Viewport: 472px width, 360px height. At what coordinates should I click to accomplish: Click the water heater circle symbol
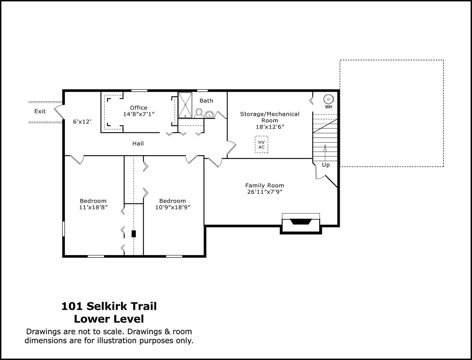[x=328, y=99]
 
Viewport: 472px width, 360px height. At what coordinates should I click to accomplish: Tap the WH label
[x=329, y=107]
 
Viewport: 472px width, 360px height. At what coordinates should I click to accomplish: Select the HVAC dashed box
[x=261, y=144]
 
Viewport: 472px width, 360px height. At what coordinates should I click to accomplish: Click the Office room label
[x=139, y=108]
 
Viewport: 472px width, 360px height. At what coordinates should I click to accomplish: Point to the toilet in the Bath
[x=199, y=113]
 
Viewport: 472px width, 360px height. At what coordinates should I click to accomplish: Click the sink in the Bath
[x=209, y=115]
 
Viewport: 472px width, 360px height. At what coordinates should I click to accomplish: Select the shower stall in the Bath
[x=185, y=105]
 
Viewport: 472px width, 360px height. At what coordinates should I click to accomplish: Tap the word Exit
[x=40, y=111]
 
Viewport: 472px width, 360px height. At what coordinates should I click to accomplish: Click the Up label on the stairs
[x=326, y=165]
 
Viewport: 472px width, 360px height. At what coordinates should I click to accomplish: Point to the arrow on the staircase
[x=325, y=153]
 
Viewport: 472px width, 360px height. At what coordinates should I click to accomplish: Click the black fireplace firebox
[x=301, y=222]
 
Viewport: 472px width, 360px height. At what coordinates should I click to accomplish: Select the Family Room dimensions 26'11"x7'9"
[x=264, y=192]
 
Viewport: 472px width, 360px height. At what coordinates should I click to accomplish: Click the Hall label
[x=138, y=144]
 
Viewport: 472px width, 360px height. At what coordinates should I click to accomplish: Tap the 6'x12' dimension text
[x=82, y=122]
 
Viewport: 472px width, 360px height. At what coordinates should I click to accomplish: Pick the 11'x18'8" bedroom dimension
[x=93, y=207]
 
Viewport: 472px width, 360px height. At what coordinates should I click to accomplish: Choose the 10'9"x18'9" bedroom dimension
[x=173, y=207]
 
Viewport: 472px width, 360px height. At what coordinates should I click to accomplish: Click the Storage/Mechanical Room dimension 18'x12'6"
[x=270, y=127]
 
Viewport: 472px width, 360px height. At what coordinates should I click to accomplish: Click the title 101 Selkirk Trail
[x=109, y=306]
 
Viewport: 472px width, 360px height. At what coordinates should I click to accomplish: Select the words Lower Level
[x=109, y=319]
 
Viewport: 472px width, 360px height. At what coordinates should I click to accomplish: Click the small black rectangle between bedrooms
[x=134, y=234]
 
